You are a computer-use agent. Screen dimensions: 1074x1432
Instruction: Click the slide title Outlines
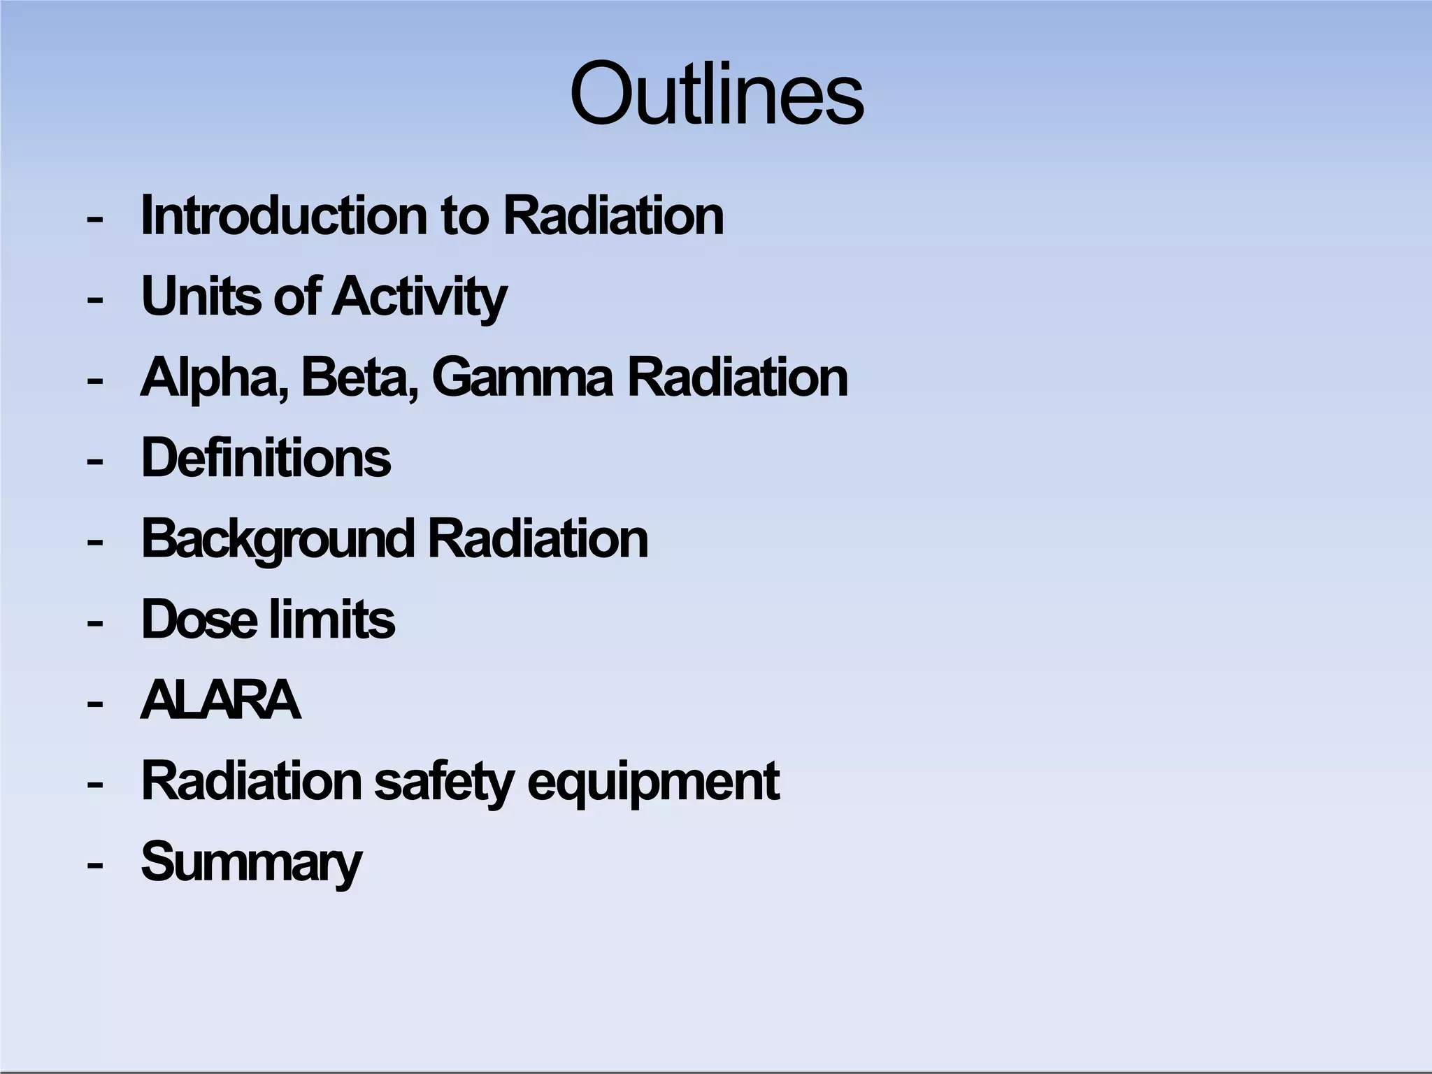coord(717,94)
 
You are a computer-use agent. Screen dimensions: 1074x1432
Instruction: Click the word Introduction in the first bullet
coord(284,215)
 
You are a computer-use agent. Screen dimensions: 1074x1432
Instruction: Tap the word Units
coord(203,296)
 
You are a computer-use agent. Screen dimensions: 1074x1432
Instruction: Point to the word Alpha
coord(214,378)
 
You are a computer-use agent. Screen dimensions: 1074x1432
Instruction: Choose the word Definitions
coord(266,458)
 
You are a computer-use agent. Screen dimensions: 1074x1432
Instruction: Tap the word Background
coord(278,540)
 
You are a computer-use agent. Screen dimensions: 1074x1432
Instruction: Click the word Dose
coord(199,620)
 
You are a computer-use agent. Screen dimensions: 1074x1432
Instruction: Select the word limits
coord(332,620)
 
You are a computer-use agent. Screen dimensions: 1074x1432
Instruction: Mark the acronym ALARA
coord(221,700)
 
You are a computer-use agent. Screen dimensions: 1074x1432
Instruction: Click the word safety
coord(444,782)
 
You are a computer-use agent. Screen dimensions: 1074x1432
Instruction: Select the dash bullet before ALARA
coord(95,703)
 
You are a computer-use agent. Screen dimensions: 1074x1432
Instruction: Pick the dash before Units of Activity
coord(95,299)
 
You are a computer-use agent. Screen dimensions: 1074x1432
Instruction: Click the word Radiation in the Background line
coord(538,539)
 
